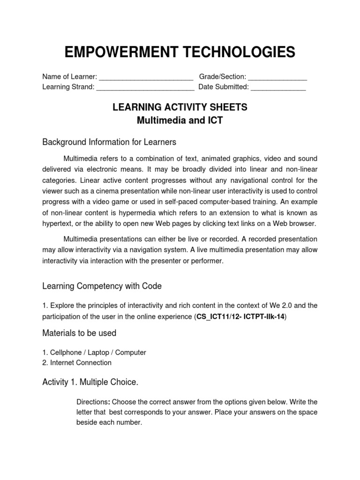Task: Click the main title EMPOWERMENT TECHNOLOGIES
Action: pos(180,52)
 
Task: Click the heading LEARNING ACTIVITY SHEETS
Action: pos(180,107)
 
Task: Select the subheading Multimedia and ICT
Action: pos(180,120)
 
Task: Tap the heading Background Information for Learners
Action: pos(109,142)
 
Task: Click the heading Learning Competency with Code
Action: pos(102,285)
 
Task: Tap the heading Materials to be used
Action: pos(79,333)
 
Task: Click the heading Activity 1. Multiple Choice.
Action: pos(90,382)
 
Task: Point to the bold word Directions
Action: pos(92,402)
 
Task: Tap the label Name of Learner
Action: pos(69,77)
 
